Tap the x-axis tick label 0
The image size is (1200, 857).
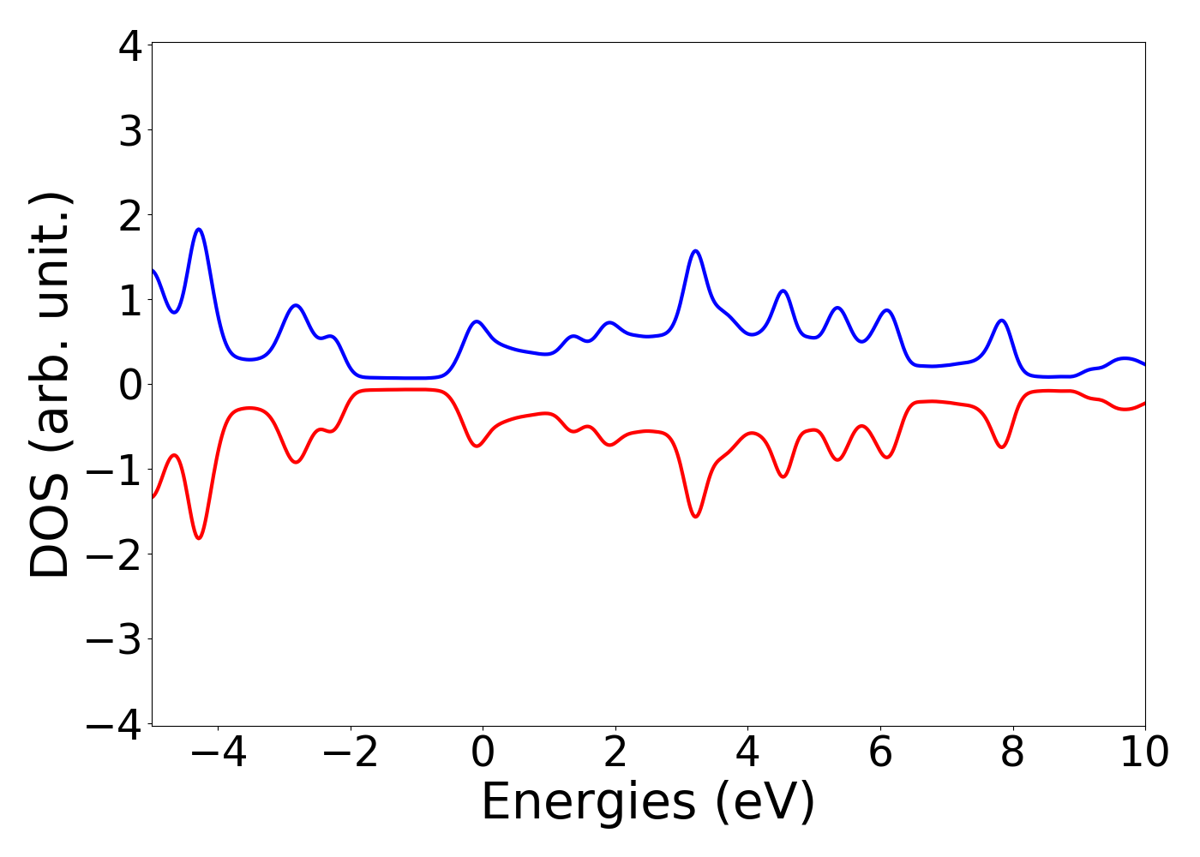coord(483,753)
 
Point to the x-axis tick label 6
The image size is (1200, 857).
coord(880,753)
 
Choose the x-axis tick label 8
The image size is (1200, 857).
coord(1012,753)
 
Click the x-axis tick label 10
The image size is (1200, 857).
coord(1143,753)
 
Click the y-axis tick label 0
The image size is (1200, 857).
coord(130,385)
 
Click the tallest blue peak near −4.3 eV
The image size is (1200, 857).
coord(199,230)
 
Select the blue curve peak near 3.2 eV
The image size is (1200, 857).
coord(695,251)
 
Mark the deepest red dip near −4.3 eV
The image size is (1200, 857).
coord(199,538)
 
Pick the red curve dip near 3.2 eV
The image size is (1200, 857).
coord(695,517)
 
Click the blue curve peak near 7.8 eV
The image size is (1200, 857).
coord(1000,321)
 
